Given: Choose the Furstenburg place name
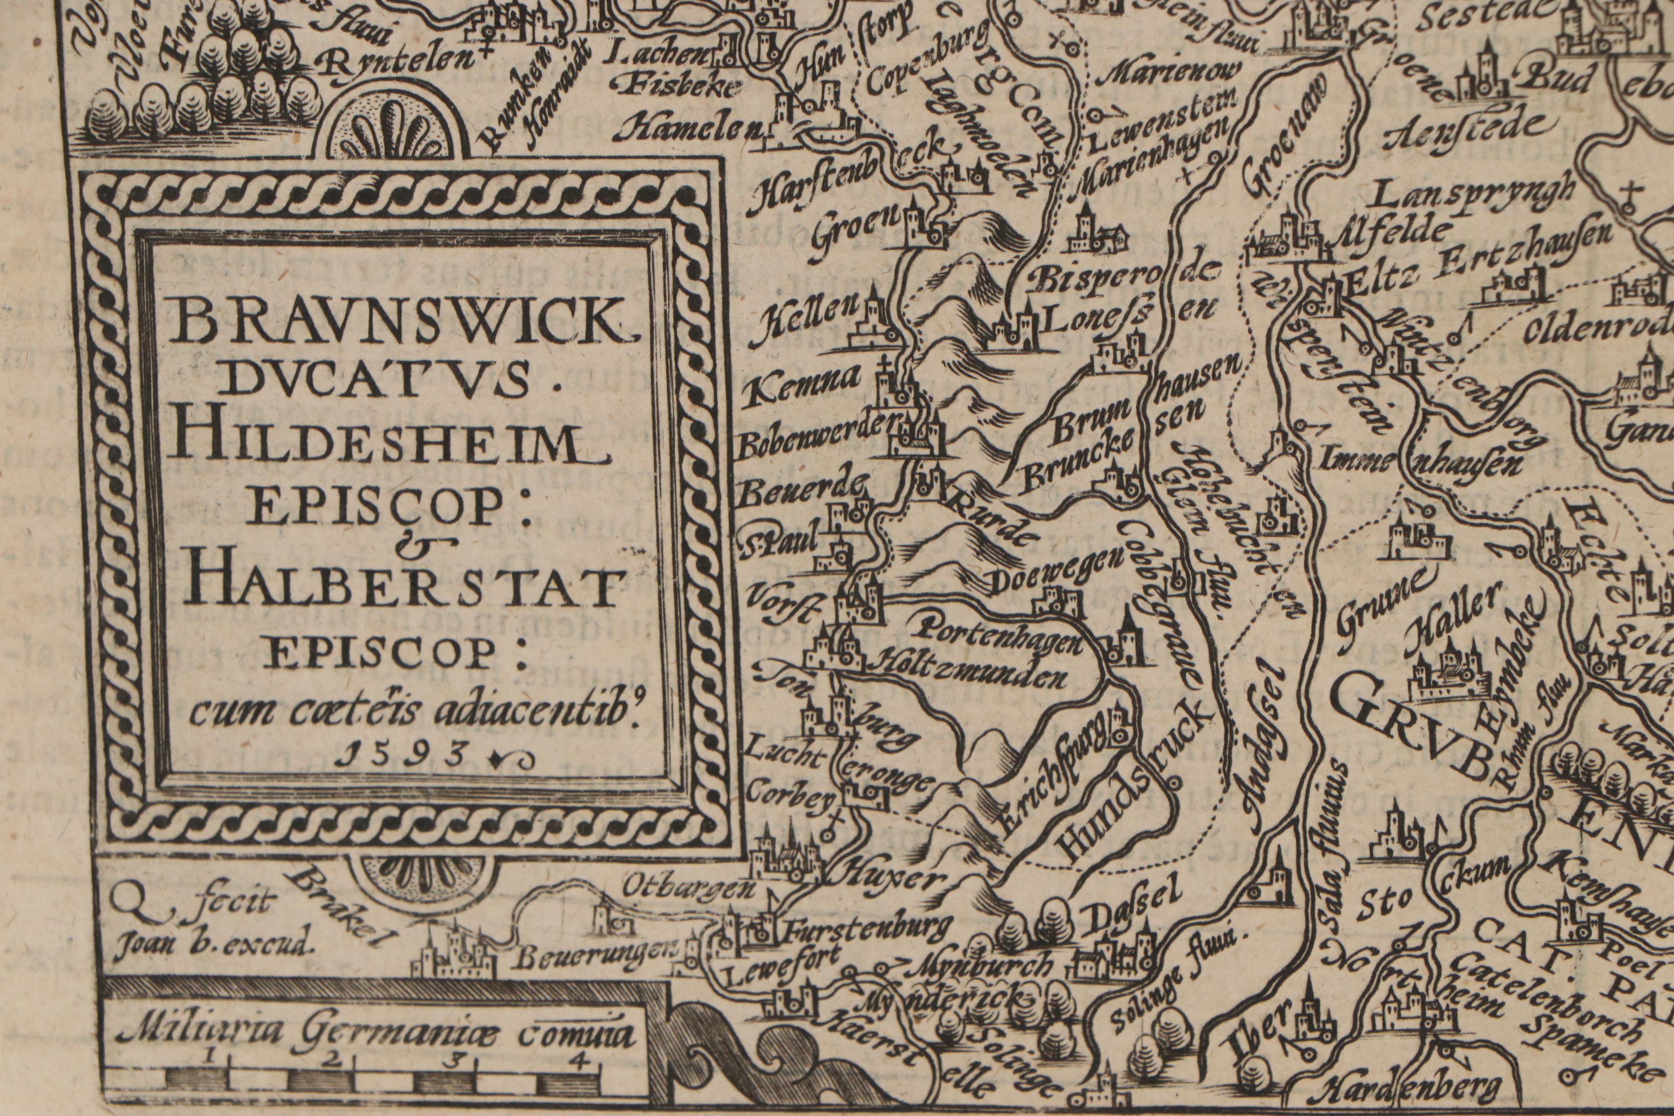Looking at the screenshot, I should tap(867, 927).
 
